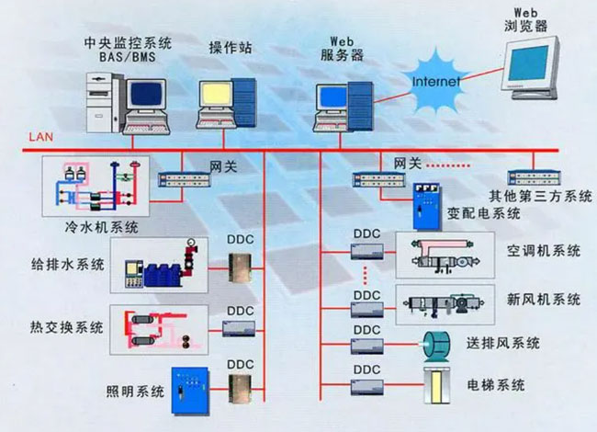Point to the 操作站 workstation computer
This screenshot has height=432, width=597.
tap(227, 100)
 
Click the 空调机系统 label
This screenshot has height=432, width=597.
tap(543, 250)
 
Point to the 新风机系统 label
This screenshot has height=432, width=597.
tap(543, 300)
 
